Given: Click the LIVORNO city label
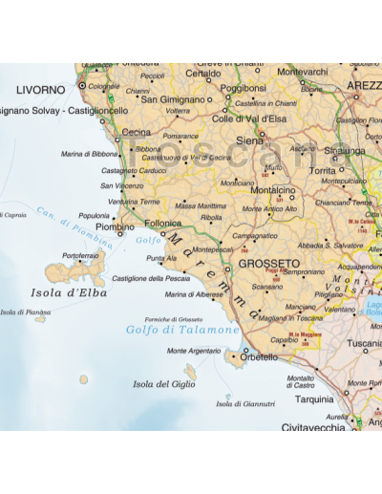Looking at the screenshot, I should [41, 90].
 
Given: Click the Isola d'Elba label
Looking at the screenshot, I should [69, 293].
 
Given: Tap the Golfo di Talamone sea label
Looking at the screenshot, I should [182, 330].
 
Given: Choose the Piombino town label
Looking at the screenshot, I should [115, 227].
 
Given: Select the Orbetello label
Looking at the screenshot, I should [259, 356].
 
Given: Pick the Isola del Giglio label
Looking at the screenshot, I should [164, 384].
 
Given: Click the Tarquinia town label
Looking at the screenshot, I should [315, 399].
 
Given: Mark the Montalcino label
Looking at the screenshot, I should [271, 189].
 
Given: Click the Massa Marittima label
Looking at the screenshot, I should [201, 205].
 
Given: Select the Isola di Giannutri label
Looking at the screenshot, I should [245, 404].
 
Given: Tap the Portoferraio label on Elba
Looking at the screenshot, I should [80, 256].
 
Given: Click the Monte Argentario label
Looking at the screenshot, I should [195, 351].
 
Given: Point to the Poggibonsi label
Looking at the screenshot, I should [243, 88].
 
